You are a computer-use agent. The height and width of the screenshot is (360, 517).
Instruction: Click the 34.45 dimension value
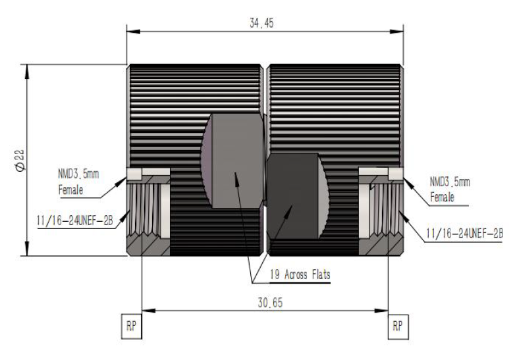261,23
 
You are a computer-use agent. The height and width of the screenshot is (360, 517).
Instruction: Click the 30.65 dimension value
270,303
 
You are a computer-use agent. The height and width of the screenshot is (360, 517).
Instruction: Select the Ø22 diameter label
20,161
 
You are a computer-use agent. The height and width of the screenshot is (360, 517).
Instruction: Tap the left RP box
132,326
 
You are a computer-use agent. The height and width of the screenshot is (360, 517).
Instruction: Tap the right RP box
398,326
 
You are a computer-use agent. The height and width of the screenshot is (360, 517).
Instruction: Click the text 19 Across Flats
300,274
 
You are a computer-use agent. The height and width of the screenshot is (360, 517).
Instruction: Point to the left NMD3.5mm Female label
78,182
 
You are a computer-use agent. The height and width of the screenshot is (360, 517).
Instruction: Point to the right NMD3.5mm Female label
450,190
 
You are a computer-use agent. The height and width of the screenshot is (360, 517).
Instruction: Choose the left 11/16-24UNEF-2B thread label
75,220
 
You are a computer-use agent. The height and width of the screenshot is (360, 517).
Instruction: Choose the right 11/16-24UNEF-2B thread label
464,234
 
